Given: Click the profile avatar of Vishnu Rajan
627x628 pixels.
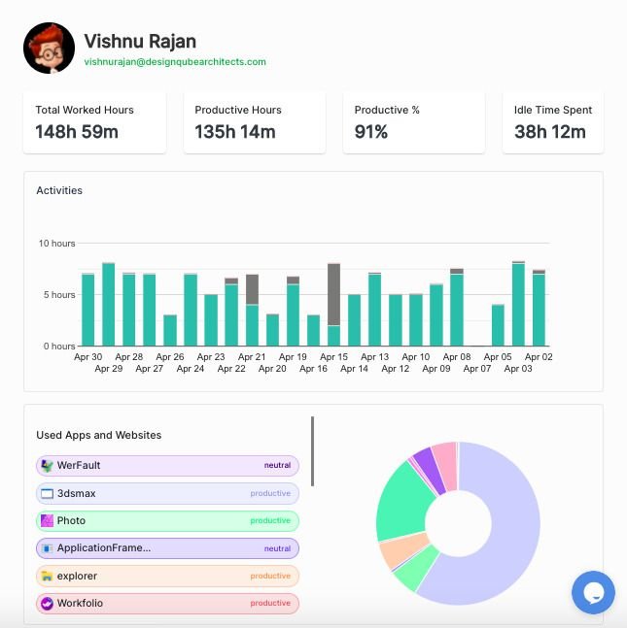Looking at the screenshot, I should [49, 48].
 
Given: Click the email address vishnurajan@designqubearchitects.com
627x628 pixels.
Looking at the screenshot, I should [175, 61].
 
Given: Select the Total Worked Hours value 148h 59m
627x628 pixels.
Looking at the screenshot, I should [77, 131].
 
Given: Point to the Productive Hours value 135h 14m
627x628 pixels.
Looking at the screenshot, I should [235, 131].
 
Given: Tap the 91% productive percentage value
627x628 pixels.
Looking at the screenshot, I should [370, 131].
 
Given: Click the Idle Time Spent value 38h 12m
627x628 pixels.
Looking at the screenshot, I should [550, 131].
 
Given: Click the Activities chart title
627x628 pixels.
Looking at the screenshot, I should [59, 190].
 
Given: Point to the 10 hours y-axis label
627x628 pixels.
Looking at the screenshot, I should [56, 243].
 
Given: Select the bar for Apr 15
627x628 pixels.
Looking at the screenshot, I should [333, 305].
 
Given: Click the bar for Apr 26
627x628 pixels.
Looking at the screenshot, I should [170, 330].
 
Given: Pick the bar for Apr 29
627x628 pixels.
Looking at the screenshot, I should [109, 305].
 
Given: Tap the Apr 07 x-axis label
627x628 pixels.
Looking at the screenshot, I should [477, 369].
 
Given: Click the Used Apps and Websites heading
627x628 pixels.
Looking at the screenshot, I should [99, 435].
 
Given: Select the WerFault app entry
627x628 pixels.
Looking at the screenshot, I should [167, 466].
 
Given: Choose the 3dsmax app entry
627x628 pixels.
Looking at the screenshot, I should [167, 493].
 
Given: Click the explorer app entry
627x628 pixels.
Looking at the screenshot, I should [167, 576].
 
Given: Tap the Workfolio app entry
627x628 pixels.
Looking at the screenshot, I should [167, 603].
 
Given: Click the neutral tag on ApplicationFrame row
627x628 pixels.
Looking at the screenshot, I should [277, 548].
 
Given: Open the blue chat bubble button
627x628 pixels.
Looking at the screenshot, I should [593, 592].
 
